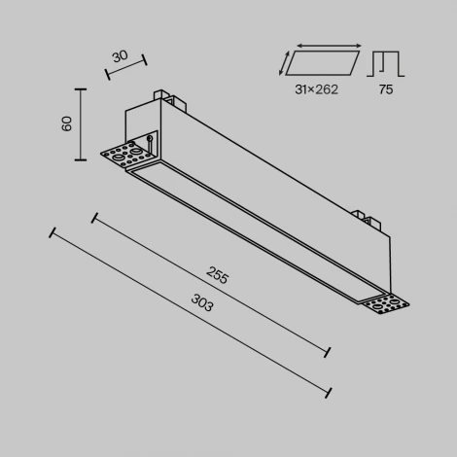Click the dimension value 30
(119, 55)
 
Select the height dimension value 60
(66, 123)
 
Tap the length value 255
(218, 277)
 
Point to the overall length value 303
(202, 303)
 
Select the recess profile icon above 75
(385, 62)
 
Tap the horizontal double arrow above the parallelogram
(328, 45)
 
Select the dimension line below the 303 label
(190, 311)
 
